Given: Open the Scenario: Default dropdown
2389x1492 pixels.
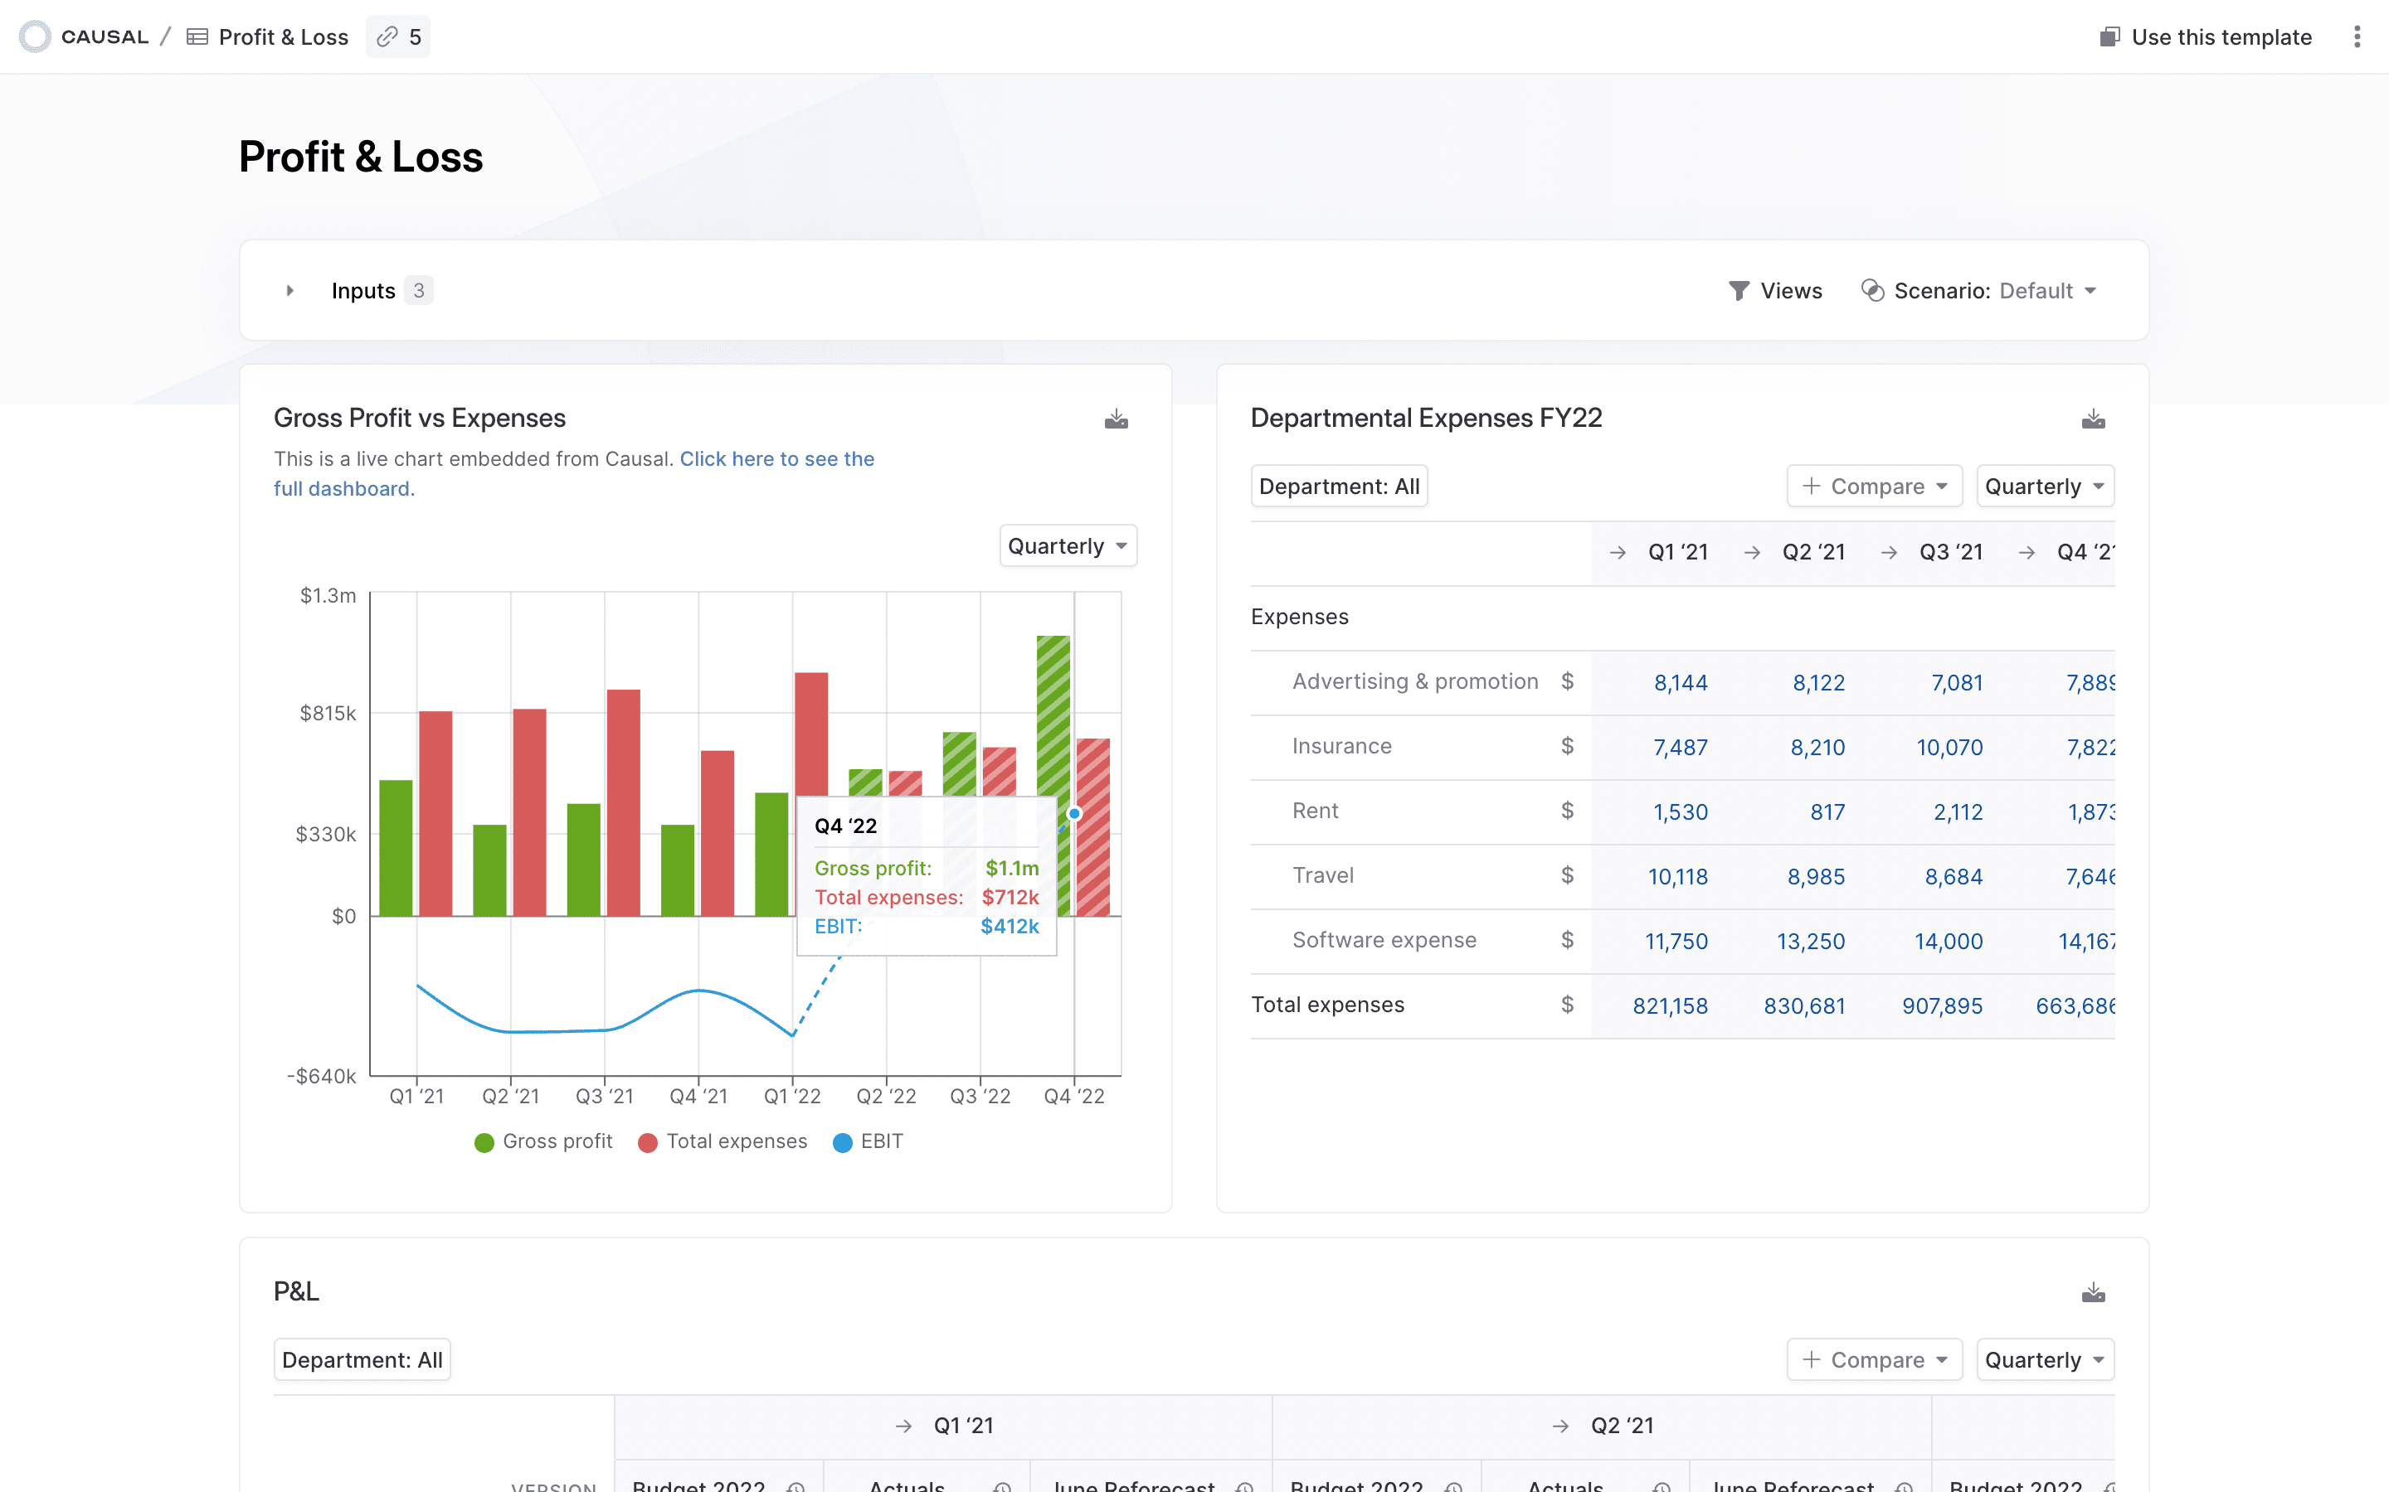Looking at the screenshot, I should point(1978,290).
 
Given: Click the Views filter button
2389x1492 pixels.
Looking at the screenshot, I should point(1776,290).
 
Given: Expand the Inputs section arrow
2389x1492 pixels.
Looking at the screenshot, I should point(290,290).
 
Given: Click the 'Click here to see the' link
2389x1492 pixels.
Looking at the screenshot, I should point(776,459).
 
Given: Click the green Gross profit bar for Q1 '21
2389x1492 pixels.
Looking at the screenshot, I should point(396,849).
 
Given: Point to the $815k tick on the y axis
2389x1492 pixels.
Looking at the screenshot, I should point(328,713).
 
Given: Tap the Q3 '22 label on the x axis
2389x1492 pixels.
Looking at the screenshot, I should point(980,1097).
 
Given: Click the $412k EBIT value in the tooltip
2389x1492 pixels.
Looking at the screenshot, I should point(1009,927).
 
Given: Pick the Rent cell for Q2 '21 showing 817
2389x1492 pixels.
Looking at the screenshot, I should point(1827,812).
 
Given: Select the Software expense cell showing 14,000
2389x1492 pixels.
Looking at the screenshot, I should point(1948,942).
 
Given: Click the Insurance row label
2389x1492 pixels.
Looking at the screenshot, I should point(1341,746).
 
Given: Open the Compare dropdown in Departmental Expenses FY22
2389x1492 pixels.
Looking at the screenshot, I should point(1874,487).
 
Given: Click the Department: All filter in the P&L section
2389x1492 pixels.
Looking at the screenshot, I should point(362,1359).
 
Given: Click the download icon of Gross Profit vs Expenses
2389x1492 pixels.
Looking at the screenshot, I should point(1116,419).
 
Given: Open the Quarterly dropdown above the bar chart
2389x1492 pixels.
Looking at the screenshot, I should point(1067,545).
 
